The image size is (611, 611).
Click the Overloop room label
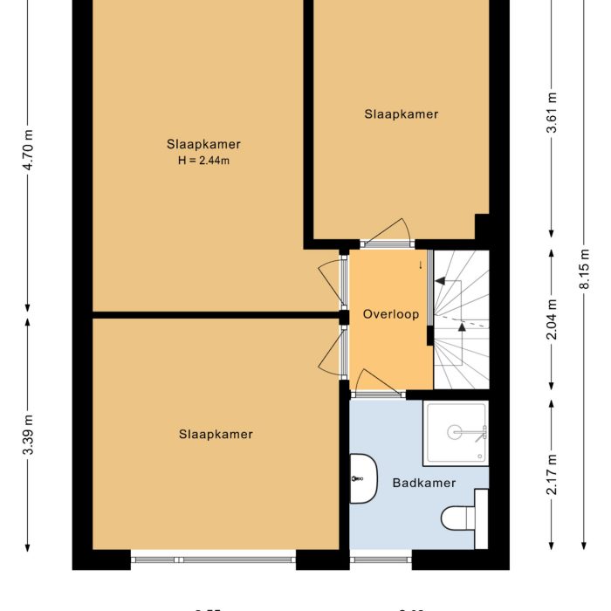click(x=391, y=314)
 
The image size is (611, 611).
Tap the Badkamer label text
click(x=422, y=482)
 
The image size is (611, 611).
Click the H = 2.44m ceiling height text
click(x=203, y=161)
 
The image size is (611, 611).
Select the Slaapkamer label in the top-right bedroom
click(x=401, y=113)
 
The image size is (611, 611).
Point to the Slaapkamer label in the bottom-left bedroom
click(x=216, y=434)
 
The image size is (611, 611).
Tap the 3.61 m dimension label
click(x=551, y=114)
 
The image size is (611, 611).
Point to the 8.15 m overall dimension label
click(x=584, y=271)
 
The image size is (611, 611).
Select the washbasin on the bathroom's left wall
click(x=361, y=479)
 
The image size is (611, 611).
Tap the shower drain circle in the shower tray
click(x=455, y=431)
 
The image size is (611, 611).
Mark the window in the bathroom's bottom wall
click(x=381, y=555)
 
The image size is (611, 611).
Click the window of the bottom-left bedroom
click(x=214, y=555)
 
